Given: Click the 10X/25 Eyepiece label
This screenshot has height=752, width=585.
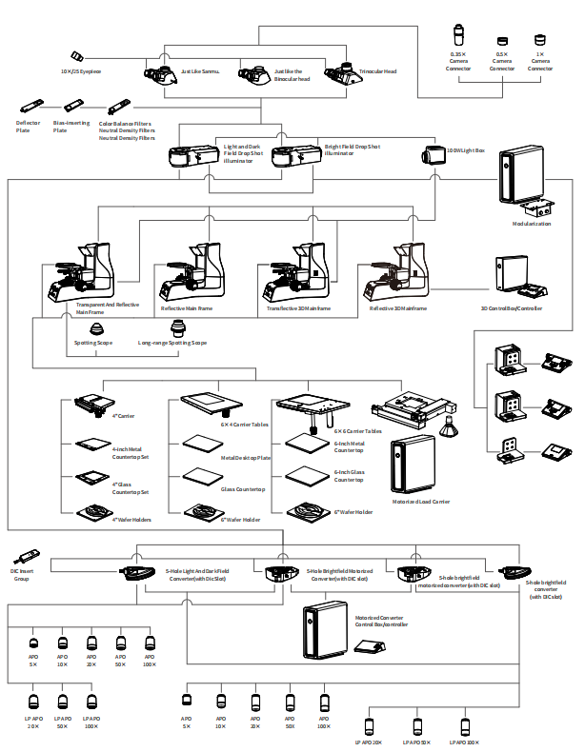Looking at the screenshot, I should (x=81, y=71).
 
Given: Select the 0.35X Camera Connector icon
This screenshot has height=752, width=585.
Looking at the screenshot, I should (x=458, y=33).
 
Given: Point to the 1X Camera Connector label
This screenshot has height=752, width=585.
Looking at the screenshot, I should (x=539, y=63).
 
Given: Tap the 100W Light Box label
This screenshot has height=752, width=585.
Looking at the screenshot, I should (x=466, y=149).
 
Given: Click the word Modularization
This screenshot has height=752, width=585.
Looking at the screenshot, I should (x=532, y=224).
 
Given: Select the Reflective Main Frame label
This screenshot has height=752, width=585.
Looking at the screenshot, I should (x=187, y=308).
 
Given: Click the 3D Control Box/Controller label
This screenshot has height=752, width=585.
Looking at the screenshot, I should (x=512, y=308).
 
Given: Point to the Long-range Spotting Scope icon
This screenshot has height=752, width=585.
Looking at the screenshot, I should (x=177, y=328).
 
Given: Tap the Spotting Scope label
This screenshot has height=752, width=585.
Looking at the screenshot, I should (x=93, y=343).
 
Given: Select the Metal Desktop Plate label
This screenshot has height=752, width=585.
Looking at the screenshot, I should (x=246, y=458).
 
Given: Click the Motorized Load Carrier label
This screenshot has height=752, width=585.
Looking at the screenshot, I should (x=421, y=502).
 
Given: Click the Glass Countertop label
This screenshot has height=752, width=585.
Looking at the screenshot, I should (x=243, y=489).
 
